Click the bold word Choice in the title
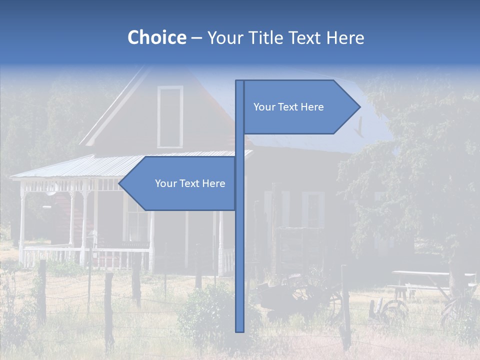pos(156,37)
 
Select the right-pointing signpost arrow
pos(300,107)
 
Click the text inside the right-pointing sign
pos(288,107)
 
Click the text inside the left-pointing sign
pos(190,183)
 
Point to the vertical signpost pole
pos(240,250)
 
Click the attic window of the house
pos(170,117)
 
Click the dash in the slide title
pos(196,38)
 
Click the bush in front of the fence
pos(205,310)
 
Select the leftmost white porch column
pos(22,220)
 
